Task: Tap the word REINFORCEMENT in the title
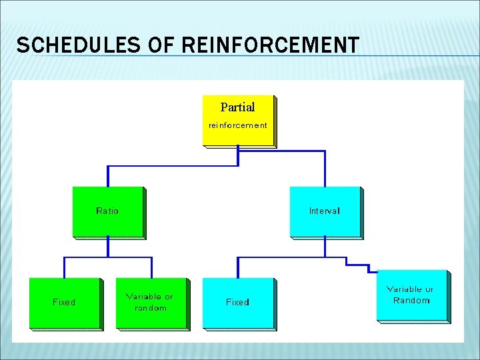point(269,45)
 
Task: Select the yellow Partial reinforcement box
point(238,120)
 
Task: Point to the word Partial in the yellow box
point(237,107)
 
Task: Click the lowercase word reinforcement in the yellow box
point(238,125)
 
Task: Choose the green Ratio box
point(108,211)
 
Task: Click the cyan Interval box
point(325,211)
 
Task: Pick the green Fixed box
point(65,303)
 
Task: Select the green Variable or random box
point(151,303)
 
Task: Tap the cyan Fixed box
point(238,303)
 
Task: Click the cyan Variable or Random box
point(412,295)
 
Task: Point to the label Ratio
point(107,211)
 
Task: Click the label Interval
point(325,211)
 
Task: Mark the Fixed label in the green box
point(64,302)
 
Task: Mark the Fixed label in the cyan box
point(237,302)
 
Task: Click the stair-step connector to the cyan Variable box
point(357,265)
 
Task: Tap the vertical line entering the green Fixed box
point(65,267)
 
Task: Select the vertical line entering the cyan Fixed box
point(238,267)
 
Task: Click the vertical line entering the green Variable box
point(151,267)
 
